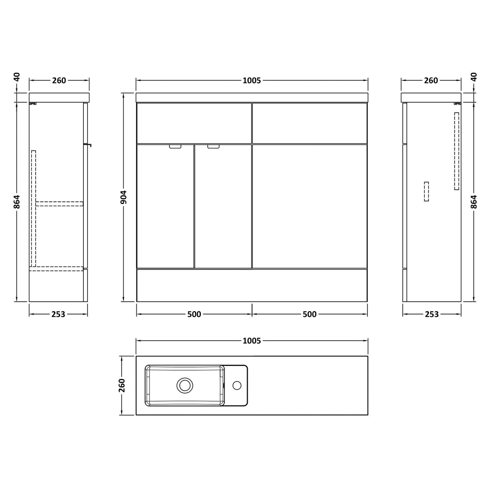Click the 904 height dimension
tap(124, 197)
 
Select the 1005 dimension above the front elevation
tap(252, 80)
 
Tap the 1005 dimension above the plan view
tap(252, 341)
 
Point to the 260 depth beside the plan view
tap(122, 385)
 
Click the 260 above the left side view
tap(59, 80)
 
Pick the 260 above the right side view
tap(431, 80)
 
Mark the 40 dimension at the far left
tap(16, 77)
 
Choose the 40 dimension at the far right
tap(474, 77)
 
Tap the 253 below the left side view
tap(58, 314)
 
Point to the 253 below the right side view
tap(432, 314)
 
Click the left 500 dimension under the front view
tap(194, 314)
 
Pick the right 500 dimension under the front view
tap(310, 314)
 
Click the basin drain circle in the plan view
tap(185, 385)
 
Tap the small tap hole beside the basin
tap(237, 386)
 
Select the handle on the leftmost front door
tap(175, 146)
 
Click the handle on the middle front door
tap(213, 146)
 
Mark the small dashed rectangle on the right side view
tap(426, 191)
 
